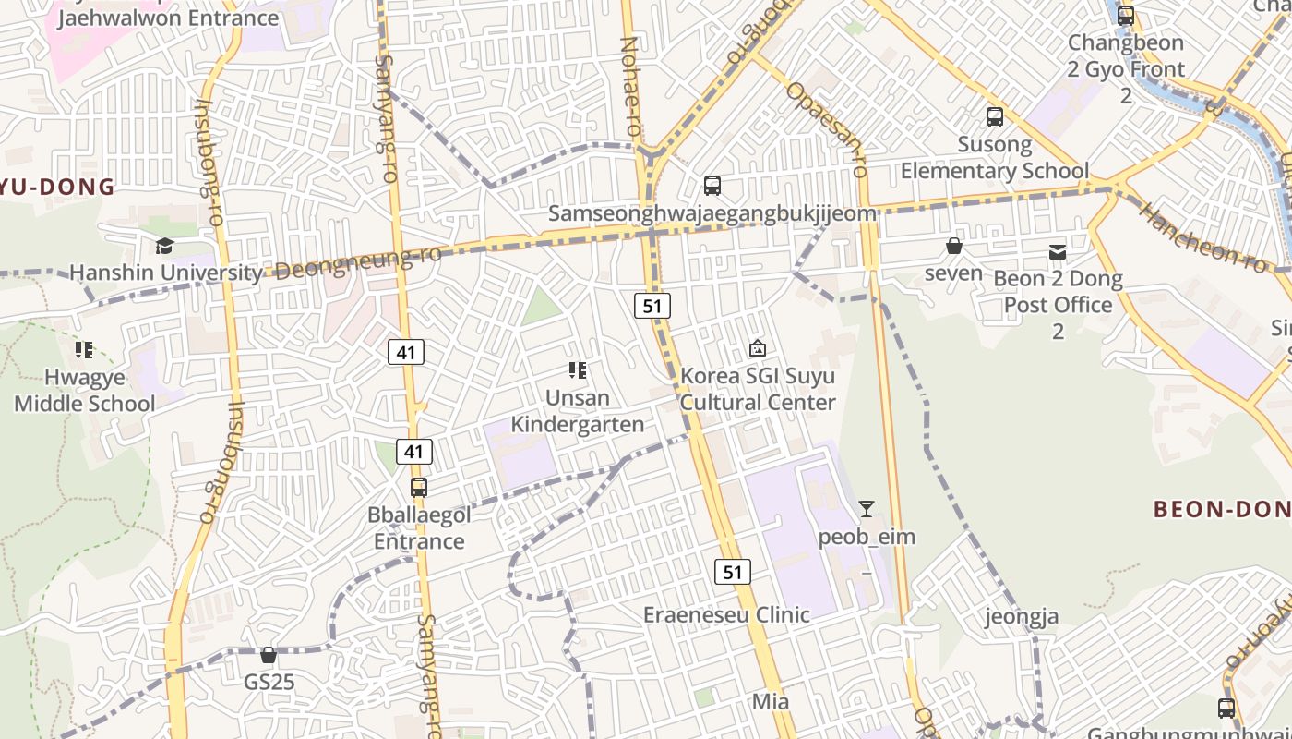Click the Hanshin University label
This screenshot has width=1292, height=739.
click(166, 273)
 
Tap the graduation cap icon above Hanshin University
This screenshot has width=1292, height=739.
click(164, 246)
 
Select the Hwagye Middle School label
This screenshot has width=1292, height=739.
click(85, 391)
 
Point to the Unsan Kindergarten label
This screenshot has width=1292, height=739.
click(578, 411)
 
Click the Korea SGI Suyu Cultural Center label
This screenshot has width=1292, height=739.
click(758, 389)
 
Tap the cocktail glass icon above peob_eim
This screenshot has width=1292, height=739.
click(866, 508)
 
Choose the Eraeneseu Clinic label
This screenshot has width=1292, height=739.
click(726, 614)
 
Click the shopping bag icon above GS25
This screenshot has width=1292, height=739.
click(269, 655)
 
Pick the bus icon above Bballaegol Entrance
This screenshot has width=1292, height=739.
click(419, 487)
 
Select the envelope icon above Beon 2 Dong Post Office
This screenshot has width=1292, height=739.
click(1058, 251)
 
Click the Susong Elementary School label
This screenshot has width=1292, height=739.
click(995, 157)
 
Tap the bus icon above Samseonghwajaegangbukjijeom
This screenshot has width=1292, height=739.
click(712, 185)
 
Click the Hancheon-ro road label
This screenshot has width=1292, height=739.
click(1202, 237)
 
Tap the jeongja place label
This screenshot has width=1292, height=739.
click(1022, 616)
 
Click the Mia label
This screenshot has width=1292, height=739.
click(771, 701)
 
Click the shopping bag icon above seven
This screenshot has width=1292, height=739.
click(954, 246)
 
